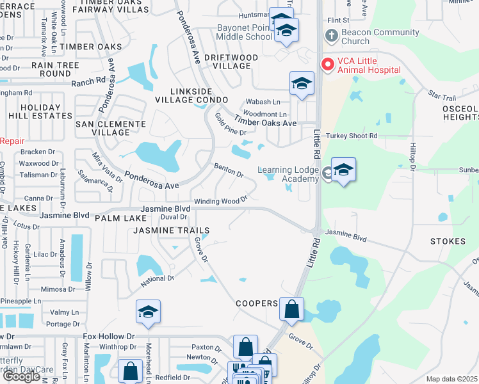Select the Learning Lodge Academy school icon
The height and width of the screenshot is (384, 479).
[343, 170]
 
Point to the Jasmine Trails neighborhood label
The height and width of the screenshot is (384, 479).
[171, 230]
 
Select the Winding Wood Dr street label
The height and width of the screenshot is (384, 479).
[221, 201]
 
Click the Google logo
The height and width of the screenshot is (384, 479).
[21, 376]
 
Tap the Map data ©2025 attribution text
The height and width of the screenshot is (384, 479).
[452, 379]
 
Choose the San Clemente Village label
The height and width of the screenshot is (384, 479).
[106, 127]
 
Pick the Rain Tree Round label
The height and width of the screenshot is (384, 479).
[46, 69]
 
